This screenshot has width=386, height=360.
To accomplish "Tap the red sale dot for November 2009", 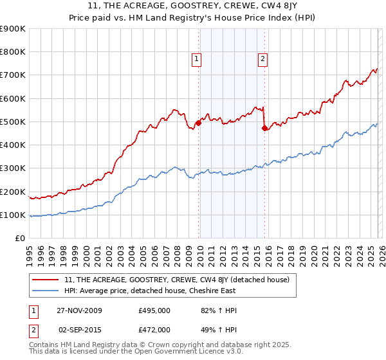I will (198, 123).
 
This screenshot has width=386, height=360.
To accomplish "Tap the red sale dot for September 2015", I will (264, 128).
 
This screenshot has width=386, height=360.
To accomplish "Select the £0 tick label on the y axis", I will (21, 239).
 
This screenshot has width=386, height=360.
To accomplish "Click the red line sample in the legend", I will (46, 280).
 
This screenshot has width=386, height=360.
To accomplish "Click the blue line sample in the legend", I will (46, 291).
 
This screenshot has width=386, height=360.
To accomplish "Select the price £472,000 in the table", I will (154, 329).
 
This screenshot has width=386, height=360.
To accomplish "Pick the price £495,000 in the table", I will (154, 310).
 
